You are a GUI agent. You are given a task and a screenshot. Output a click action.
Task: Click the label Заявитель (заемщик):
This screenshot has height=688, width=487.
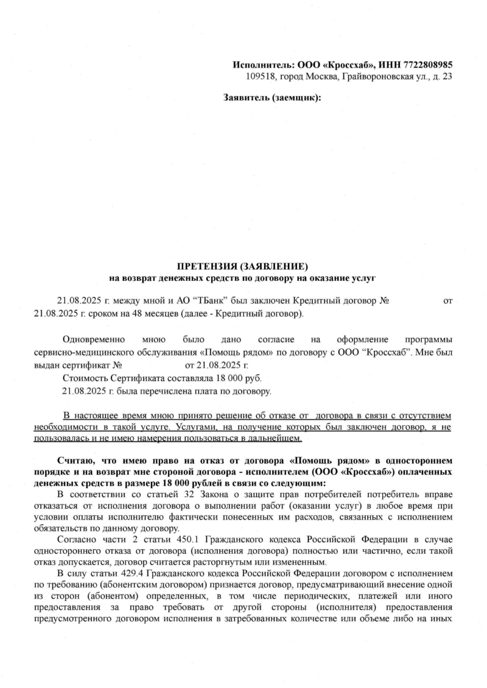pos(272,97)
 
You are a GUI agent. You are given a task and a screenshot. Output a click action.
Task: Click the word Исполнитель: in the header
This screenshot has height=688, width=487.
pos(263,64)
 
